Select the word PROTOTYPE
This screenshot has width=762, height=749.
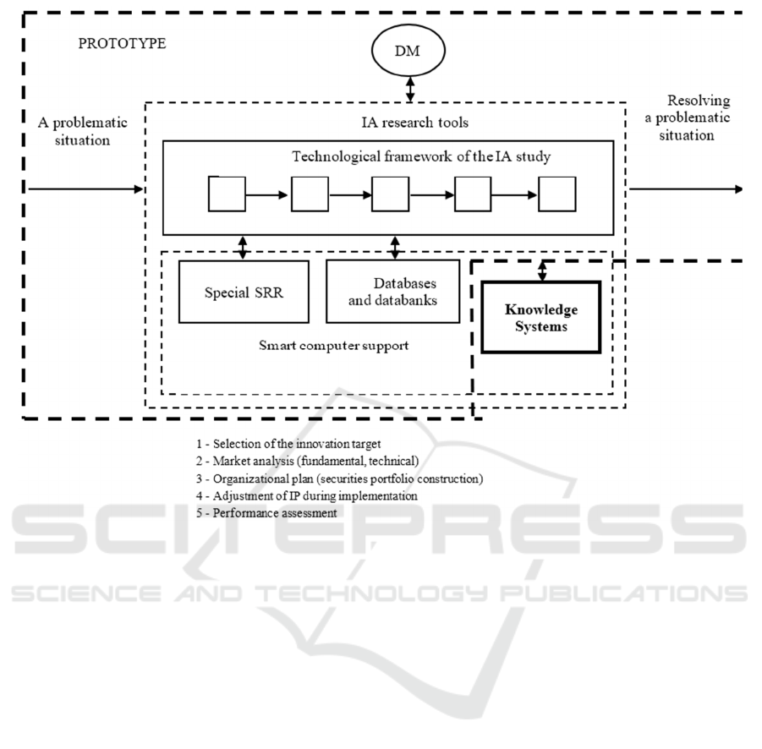122,44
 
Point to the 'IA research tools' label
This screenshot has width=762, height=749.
415,123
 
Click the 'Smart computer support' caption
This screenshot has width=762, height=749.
333,346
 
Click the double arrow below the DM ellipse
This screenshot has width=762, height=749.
410,90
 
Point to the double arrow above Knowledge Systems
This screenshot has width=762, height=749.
542,271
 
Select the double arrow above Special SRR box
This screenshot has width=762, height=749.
243,248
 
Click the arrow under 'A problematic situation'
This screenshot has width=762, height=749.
86,189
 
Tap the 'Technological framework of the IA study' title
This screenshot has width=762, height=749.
421,156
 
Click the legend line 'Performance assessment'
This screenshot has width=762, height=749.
266,513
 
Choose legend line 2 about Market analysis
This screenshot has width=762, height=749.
307,461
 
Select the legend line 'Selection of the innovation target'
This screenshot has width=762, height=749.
288,444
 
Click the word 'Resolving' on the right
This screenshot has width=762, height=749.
699,101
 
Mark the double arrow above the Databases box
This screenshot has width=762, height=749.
395,248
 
